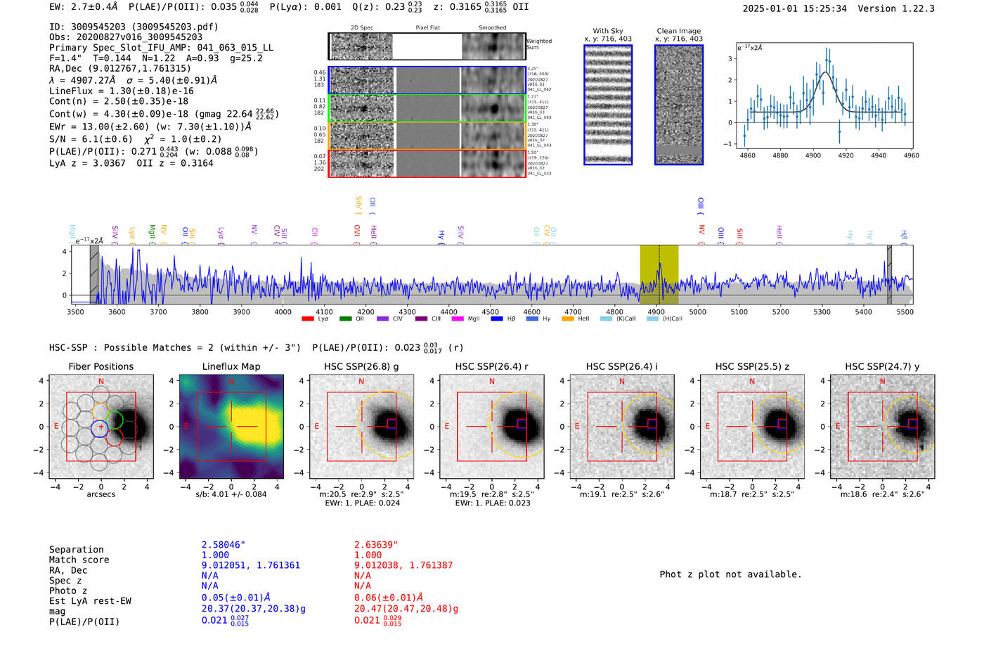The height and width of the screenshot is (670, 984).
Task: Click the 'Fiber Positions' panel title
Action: click(x=101, y=366)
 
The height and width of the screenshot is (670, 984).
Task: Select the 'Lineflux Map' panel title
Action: click(x=231, y=366)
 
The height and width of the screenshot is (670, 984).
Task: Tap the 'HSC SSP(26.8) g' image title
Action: click(x=361, y=366)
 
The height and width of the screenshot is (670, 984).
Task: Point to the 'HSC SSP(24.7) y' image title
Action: click(x=882, y=366)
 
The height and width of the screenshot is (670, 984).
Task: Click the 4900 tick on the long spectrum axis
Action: click(x=656, y=311)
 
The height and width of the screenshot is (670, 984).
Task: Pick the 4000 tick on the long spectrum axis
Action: click(x=283, y=311)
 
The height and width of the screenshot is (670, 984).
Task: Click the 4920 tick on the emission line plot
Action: click(x=846, y=155)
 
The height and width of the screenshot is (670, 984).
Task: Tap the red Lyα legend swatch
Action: click(x=307, y=319)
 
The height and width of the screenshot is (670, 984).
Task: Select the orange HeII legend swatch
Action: click(x=568, y=319)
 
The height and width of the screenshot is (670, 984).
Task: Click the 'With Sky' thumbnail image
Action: click(x=608, y=105)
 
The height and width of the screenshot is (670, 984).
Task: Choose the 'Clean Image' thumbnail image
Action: click(x=678, y=105)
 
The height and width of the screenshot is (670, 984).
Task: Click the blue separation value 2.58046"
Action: click(x=224, y=545)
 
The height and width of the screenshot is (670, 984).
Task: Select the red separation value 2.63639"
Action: click(x=376, y=545)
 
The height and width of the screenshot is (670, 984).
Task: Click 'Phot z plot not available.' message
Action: click(x=730, y=574)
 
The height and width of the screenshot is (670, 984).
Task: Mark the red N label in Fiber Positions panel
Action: click(x=101, y=381)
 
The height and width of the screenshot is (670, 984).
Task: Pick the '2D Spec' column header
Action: click(x=361, y=28)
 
